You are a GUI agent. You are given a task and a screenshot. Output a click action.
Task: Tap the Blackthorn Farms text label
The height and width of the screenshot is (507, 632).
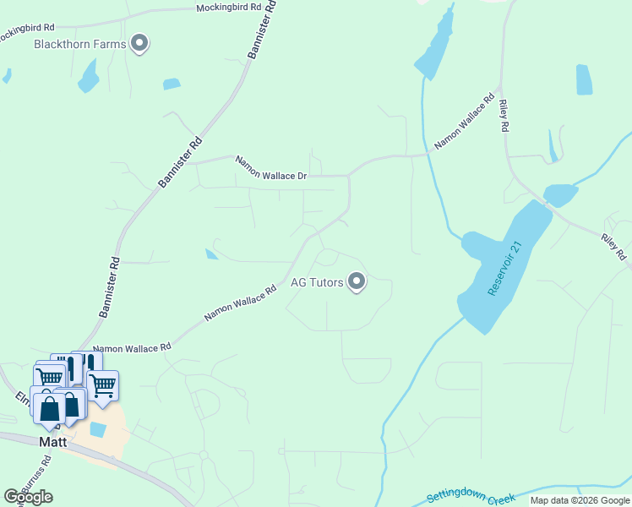click(80, 44)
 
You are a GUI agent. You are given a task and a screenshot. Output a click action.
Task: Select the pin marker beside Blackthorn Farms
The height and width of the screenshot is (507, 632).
click(140, 42)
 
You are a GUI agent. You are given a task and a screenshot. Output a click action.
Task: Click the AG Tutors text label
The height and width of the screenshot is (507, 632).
click(317, 282)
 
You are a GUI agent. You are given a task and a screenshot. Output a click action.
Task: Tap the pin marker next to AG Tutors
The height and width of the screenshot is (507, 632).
click(357, 281)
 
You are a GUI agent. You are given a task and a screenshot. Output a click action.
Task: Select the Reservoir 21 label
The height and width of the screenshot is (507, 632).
click(506, 269)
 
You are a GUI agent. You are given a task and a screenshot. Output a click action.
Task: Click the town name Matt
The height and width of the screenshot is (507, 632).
click(52, 441)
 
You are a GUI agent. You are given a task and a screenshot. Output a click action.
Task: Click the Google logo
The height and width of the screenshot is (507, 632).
click(28, 497)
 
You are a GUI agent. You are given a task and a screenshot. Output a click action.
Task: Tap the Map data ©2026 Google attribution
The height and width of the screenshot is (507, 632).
click(580, 500)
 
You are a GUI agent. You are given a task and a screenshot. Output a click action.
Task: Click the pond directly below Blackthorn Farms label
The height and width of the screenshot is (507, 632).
click(88, 78)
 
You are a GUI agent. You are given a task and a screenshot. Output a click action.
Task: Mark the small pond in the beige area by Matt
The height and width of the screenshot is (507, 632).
click(98, 429)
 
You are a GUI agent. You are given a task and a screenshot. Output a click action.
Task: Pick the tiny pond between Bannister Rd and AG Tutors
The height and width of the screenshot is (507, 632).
click(210, 253)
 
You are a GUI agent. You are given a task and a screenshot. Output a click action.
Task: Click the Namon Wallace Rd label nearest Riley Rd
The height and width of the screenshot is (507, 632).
click(465, 123)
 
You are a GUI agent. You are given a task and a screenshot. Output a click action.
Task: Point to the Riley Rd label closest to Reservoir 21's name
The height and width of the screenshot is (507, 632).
click(504, 116)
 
